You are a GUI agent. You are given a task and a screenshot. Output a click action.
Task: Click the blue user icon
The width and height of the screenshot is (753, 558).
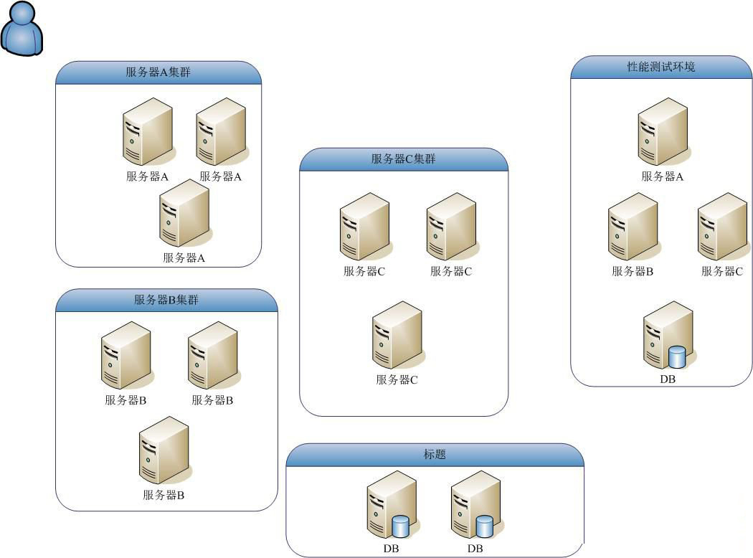[x=23, y=29]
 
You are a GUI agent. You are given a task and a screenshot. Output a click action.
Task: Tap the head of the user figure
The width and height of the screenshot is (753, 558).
[x=23, y=14]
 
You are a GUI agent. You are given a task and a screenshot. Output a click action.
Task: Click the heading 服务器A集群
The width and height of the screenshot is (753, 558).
[x=158, y=72]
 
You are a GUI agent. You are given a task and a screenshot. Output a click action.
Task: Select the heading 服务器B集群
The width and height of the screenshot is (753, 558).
[x=166, y=300]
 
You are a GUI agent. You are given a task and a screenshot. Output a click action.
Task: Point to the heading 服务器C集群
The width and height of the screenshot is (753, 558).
[x=403, y=159]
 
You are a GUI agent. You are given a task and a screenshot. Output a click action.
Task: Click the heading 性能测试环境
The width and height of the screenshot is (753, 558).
[x=660, y=67]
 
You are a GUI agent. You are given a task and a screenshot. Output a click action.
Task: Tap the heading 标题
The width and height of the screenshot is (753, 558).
[x=435, y=455]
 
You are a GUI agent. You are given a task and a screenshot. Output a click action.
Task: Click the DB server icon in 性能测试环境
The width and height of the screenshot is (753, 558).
[x=667, y=336]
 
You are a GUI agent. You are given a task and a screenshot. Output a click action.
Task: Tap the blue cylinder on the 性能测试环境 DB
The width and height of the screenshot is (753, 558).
[x=677, y=356]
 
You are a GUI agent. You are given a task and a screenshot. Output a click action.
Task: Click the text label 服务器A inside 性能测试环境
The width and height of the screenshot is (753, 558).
[x=663, y=176]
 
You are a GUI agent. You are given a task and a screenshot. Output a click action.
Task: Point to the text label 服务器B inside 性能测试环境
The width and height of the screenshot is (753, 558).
[x=633, y=271]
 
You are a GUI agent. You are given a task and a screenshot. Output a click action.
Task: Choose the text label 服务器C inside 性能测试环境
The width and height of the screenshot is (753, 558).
[x=722, y=271]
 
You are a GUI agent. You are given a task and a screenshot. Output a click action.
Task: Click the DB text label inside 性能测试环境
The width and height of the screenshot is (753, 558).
[x=668, y=379]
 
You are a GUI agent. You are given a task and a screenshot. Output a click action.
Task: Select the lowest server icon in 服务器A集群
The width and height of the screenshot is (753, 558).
[x=184, y=213]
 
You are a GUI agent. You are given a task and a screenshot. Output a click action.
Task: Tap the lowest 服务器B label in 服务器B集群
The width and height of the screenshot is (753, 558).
[x=164, y=495]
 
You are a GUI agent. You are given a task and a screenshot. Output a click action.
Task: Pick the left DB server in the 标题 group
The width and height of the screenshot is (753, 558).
[x=391, y=505]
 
